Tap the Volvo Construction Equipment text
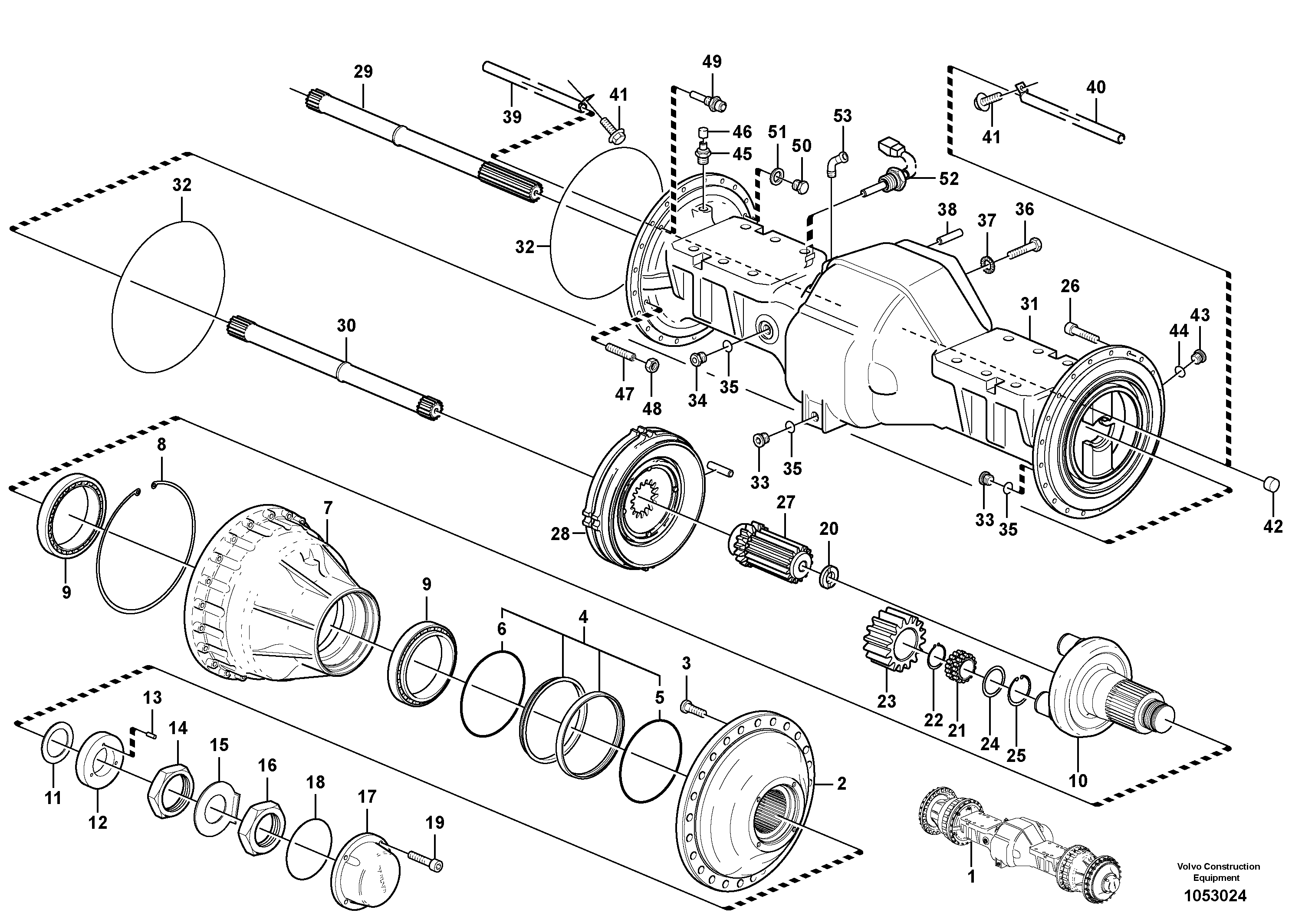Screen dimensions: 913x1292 [x=1218, y=872]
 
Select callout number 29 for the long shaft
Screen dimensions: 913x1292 [x=363, y=72]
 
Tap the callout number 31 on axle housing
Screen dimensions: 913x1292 [x=1029, y=304]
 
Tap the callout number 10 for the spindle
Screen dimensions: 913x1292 [x=1078, y=780]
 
